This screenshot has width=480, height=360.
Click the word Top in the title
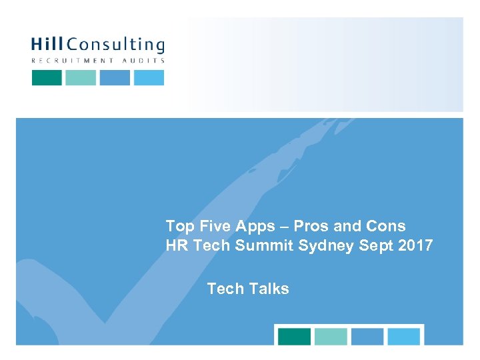point(179,226)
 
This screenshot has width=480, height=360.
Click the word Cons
point(387,226)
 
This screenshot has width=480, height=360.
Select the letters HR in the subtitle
point(177,245)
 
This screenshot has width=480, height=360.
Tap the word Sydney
point(327,246)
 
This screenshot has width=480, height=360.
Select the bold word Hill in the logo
point(48,45)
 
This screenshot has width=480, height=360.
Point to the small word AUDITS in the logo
point(142,61)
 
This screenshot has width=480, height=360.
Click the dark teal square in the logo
point(47,77)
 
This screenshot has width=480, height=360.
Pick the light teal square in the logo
point(81,77)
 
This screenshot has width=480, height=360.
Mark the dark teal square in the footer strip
point(294,337)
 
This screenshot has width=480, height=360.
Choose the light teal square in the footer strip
point(331,337)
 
